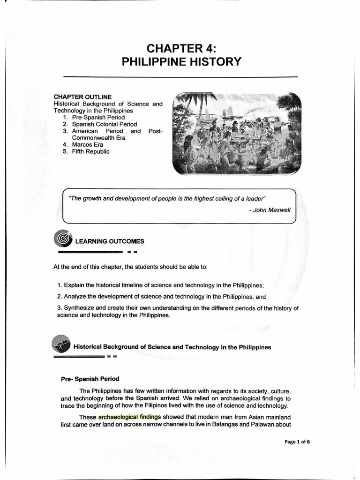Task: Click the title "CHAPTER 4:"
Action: click(181, 48)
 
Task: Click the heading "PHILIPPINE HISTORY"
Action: click(181, 62)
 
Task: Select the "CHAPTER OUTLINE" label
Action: click(82, 97)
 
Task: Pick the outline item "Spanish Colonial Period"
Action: click(105, 124)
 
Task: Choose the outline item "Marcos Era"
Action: click(88, 145)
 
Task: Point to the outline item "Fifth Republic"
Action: click(91, 152)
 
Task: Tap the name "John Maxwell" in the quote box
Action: click(272, 210)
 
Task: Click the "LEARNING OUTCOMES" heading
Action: click(110, 241)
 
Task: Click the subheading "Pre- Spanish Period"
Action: click(90, 379)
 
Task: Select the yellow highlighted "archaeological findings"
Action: click(129, 417)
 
